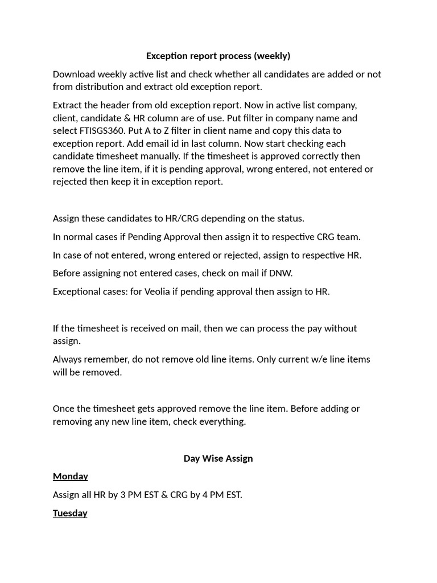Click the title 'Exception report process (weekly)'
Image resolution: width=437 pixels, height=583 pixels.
click(218, 56)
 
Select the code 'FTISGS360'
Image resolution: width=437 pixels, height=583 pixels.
click(103, 131)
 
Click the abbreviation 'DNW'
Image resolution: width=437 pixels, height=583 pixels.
click(280, 273)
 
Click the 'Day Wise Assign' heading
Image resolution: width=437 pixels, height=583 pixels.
click(218, 458)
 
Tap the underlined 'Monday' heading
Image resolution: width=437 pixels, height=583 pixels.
click(71, 477)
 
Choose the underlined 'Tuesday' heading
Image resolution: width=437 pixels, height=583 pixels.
click(70, 514)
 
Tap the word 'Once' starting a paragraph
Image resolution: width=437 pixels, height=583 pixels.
click(63, 408)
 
